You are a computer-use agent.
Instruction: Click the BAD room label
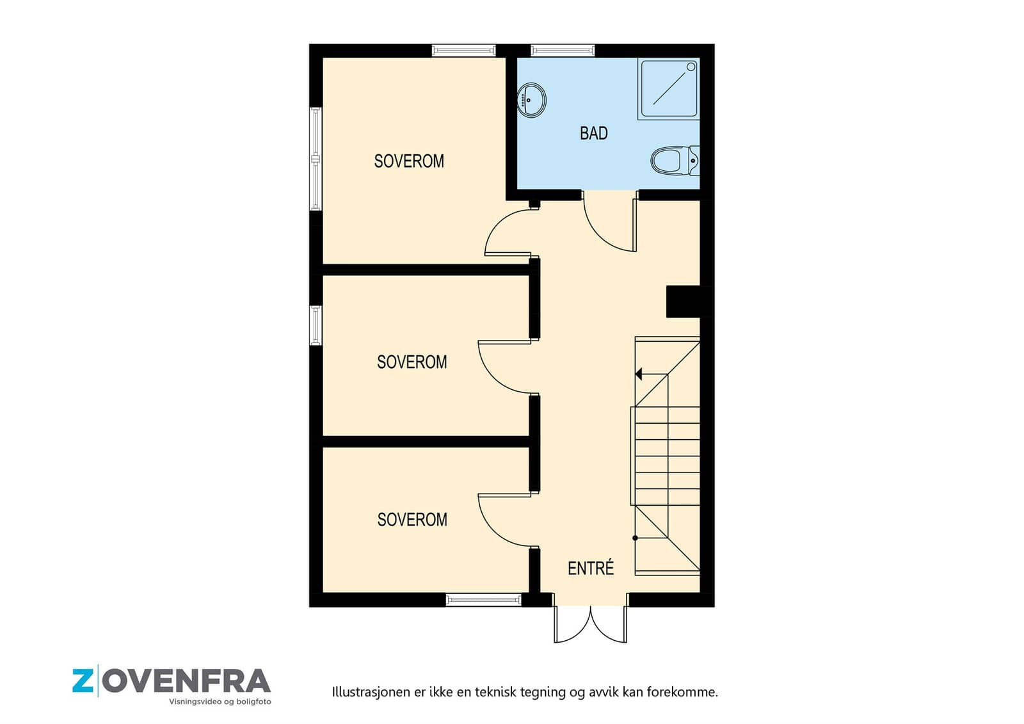[x=594, y=133]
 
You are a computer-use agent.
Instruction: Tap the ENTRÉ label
[x=591, y=568]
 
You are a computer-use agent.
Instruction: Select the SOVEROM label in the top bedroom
[x=409, y=161]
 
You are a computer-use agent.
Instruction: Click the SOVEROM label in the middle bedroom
[x=412, y=362]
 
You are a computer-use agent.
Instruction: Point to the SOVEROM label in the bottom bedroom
[x=412, y=520]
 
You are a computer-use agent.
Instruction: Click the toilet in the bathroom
[x=675, y=161]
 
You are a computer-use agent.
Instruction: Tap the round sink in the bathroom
[x=532, y=100]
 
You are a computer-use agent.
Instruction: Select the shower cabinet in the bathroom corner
[x=669, y=89]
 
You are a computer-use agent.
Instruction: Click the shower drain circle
[x=691, y=67]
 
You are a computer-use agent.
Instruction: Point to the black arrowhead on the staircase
[x=639, y=374]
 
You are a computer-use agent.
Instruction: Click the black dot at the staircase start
[x=635, y=538]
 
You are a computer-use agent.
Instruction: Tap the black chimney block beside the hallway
[x=683, y=302]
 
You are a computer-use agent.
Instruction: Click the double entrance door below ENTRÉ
[x=591, y=624]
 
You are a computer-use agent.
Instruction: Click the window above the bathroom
[x=563, y=51]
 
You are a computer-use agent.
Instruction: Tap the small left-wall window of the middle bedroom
[x=316, y=325]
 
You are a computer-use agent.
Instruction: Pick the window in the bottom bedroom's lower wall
[x=484, y=600]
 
